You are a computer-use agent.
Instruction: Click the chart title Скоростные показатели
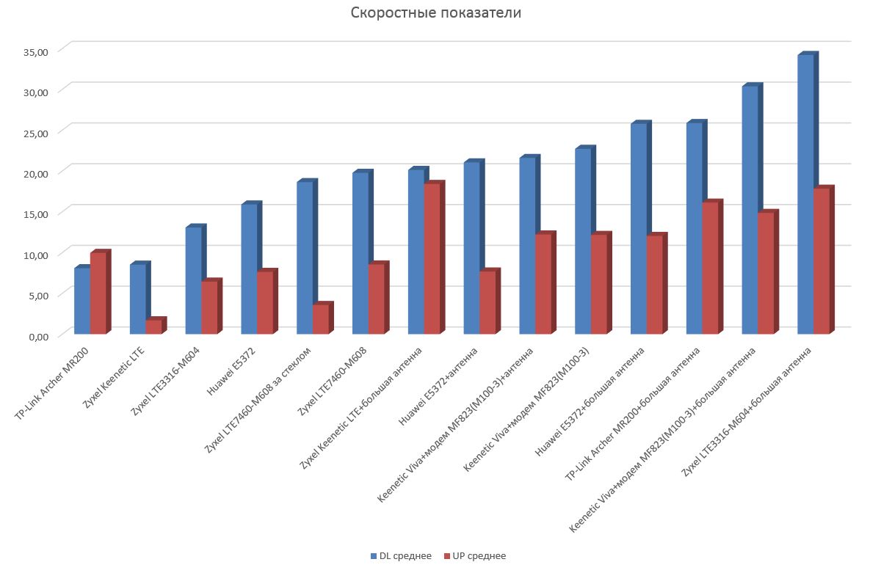pos(435,13)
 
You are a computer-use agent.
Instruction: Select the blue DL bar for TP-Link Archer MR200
pos(82,301)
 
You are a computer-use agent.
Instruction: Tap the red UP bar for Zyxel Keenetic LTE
pos(153,327)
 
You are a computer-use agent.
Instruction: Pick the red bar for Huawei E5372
pos(264,303)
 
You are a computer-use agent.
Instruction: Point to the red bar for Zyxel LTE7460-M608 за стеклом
pos(320,319)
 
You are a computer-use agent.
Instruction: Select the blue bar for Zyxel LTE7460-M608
pos(360,254)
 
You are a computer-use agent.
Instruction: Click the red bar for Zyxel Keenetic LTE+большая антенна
pos(432,259)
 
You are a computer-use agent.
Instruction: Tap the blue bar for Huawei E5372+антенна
pos(471,249)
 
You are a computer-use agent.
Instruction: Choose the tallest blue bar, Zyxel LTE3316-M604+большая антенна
pos(805,195)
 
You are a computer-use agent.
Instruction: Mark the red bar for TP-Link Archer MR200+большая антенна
pos(709,269)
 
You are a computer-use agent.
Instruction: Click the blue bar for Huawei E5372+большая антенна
pos(638,229)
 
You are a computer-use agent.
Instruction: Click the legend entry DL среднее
pos(401,556)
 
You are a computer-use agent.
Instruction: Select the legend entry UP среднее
pos(475,556)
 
